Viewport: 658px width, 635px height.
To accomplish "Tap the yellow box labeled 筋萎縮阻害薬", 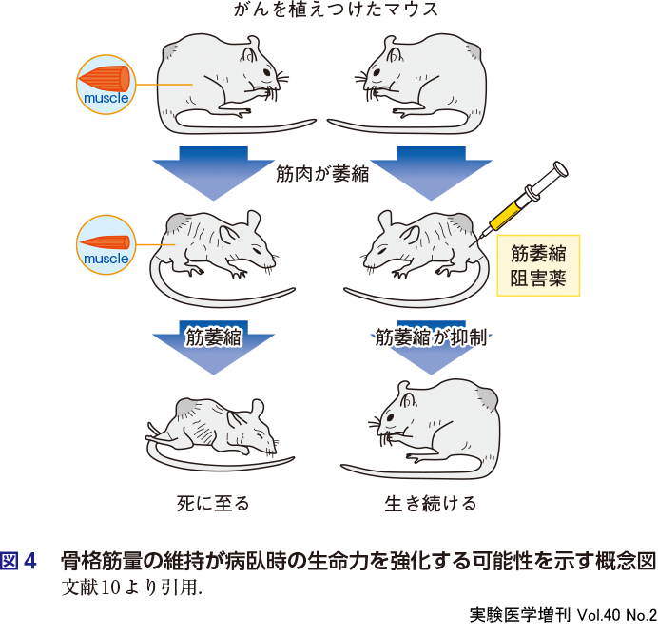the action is coord(538,265).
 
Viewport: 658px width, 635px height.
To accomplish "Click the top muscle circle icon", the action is coord(106,85).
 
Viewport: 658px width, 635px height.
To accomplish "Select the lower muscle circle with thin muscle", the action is coord(106,245).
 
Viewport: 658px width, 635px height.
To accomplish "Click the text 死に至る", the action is coord(213,504).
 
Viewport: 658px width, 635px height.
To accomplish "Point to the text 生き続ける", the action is coord(431,504).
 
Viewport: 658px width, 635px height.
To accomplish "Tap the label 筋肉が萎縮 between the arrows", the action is coord(322,174).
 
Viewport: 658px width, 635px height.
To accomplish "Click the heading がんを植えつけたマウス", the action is coord(336,10).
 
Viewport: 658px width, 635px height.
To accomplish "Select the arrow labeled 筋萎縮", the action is coord(213,347).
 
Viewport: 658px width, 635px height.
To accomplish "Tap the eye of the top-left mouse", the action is coord(267,72).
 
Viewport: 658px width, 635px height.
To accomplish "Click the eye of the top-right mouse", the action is coord(377,72).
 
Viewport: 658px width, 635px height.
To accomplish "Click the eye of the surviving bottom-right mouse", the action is coord(390,417).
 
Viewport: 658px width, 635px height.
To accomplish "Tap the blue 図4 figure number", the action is coord(18,561).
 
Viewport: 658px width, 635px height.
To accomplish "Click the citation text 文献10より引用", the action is coord(132,587).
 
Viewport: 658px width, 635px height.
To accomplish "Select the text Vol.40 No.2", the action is coord(617,615).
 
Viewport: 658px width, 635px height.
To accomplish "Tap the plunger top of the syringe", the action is coord(561,169).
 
